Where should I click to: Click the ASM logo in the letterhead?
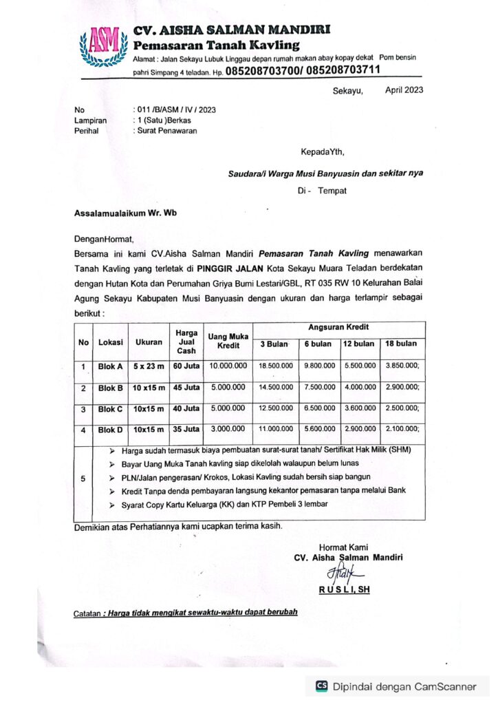[104, 45]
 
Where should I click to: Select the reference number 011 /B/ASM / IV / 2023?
[176, 109]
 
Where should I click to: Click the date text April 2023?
[404, 90]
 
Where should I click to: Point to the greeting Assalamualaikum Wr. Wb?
[125, 213]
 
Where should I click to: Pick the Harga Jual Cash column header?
[186, 341]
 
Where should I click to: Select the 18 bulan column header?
[402, 344]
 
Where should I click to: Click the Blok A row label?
[110, 366]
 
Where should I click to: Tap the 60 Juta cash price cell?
[186, 366]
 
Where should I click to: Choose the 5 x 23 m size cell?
[149, 366]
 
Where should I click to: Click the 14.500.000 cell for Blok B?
[277, 388]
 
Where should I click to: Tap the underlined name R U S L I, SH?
[344, 589]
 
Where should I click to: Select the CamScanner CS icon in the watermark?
[322, 686]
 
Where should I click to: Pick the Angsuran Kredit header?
[339, 328]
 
